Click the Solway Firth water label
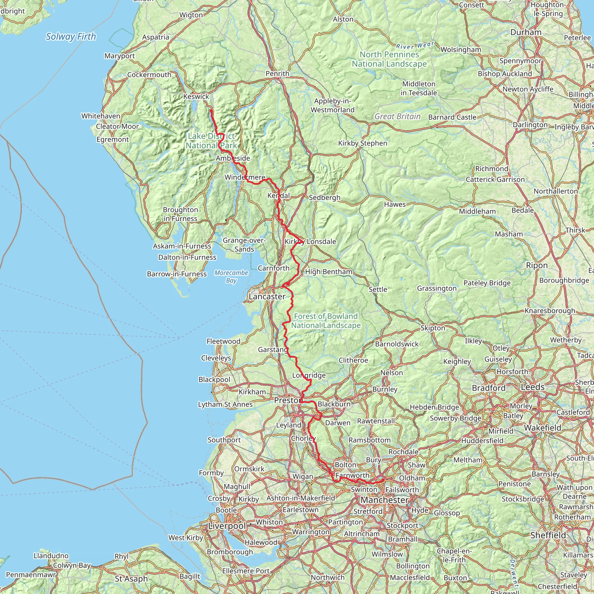coord(71,37)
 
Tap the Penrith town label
coord(277,73)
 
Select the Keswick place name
coord(196,97)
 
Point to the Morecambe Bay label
coord(231,276)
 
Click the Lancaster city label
coord(267,296)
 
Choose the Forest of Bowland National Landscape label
coord(326,321)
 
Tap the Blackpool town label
coord(214,379)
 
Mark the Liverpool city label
coord(227,526)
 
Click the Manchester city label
coord(384,500)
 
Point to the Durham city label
coord(526,32)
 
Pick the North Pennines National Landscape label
coord(389,59)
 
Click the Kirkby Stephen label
coord(363,143)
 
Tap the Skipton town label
coord(432,328)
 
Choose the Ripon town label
coord(537,265)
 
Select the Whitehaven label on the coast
coord(101,116)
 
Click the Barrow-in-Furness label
coord(177,274)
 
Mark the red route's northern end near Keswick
coord(211,110)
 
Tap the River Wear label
coord(415,46)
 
